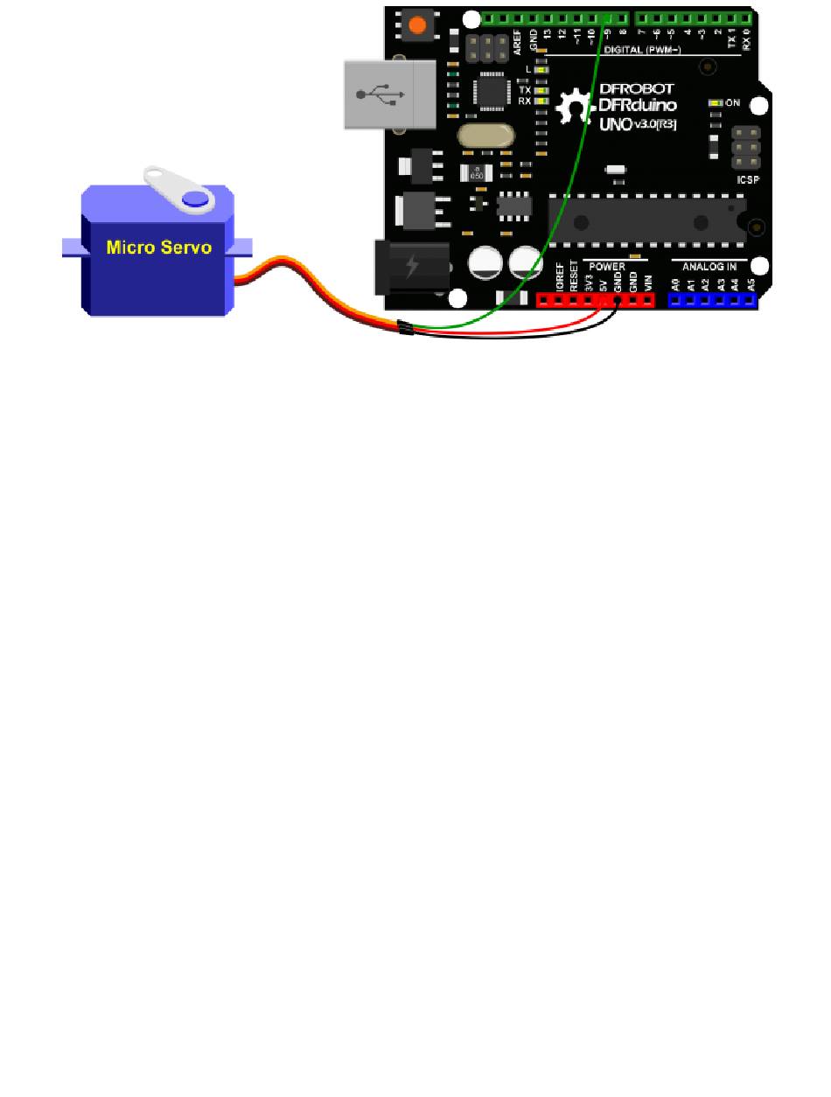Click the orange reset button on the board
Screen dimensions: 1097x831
(x=417, y=24)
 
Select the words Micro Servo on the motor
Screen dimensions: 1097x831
(x=158, y=247)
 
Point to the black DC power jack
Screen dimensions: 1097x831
(x=411, y=267)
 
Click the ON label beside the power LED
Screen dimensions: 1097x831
(x=733, y=103)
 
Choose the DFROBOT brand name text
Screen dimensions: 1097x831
(x=636, y=89)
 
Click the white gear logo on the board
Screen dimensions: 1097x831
(x=576, y=109)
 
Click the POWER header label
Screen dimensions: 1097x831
(x=607, y=264)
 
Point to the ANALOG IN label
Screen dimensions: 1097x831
(x=709, y=264)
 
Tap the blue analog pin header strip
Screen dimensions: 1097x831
(x=712, y=300)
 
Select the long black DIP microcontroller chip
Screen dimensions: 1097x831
(x=646, y=217)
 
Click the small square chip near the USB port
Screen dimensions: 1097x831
(x=486, y=91)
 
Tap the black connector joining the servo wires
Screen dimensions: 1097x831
(x=405, y=329)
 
